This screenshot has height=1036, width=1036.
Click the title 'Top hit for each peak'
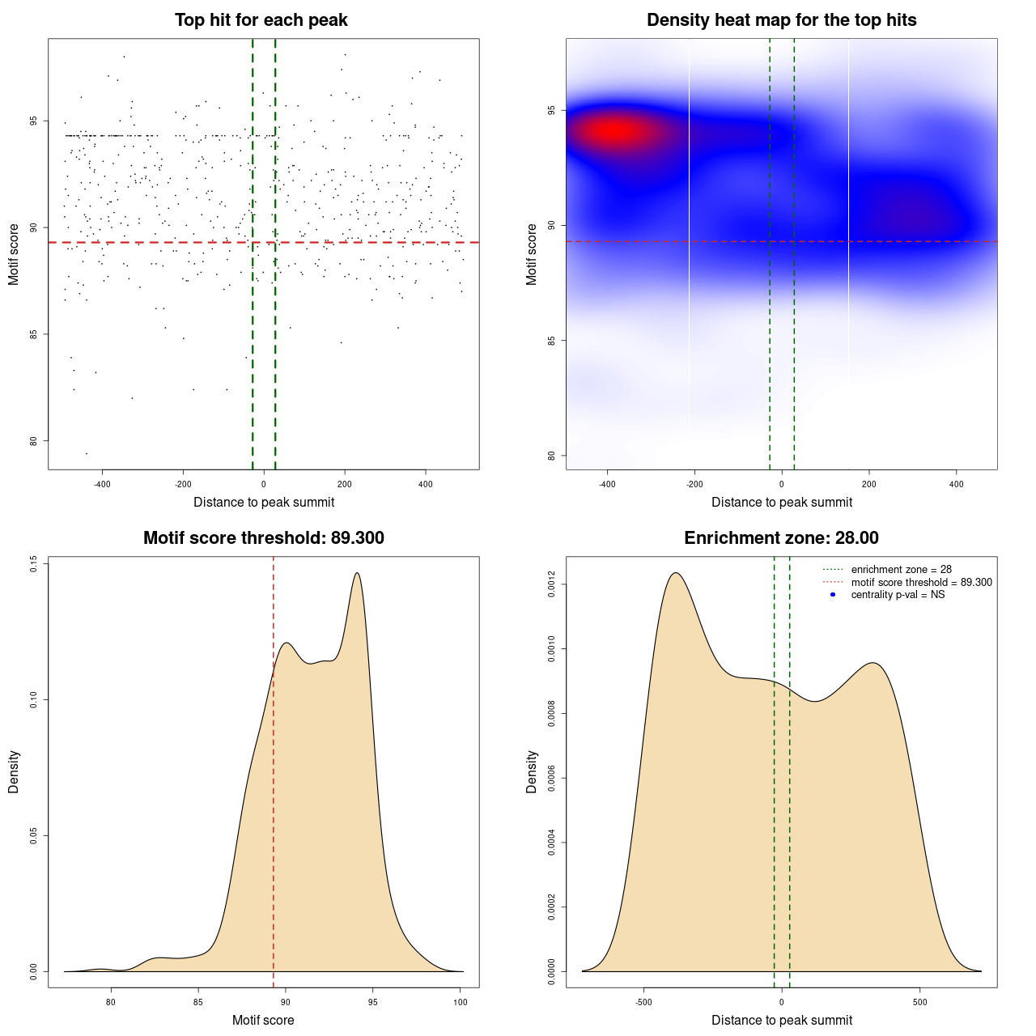pyautogui.click(x=261, y=20)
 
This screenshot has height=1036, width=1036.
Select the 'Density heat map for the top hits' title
pyautogui.click(x=781, y=20)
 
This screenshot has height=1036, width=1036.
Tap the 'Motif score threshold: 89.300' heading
pyautogui.click(x=263, y=538)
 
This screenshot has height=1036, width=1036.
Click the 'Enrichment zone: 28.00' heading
pyautogui.click(x=781, y=538)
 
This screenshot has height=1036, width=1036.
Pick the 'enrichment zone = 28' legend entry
pyautogui.click(x=901, y=570)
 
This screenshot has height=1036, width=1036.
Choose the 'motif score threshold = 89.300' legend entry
pyautogui.click(x=921, y=583)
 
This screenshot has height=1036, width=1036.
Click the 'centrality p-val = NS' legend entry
pyautogui.click(x=898, y=595)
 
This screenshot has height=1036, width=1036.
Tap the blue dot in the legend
pyautogui.click(x=833, y=595)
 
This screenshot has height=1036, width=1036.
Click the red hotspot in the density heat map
pyautogui.click(x=617, y=131)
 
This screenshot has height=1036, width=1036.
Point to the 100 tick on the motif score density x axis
pyautogui.click(x=461, y=1002)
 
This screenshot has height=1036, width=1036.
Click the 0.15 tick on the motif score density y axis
pyautogui.click(x=34, y=563)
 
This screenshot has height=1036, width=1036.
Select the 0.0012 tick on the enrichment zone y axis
pyautogui.click(x=552, y=584)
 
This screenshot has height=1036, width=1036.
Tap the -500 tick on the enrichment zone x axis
pyautogui.click(x=643, y=1002)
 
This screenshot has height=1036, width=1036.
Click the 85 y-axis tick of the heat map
pyautogui.click(x=552, y=340)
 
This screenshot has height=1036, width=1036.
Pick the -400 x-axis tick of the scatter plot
pyautogui.click(x=102, y=484)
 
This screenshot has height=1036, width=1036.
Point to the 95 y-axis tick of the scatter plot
pyautogui.click(x=34, y=121)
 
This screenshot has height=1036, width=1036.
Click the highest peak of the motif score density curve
pyautogui.click(x=357, y=573)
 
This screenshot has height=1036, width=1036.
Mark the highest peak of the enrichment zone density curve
pyautogui.click(x=675, y=573)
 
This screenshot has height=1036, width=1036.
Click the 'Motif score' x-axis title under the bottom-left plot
pyautogui.click(x=263, y=1020)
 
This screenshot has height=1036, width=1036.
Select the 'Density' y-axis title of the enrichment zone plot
pyautogui.click(x=532, y=771)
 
